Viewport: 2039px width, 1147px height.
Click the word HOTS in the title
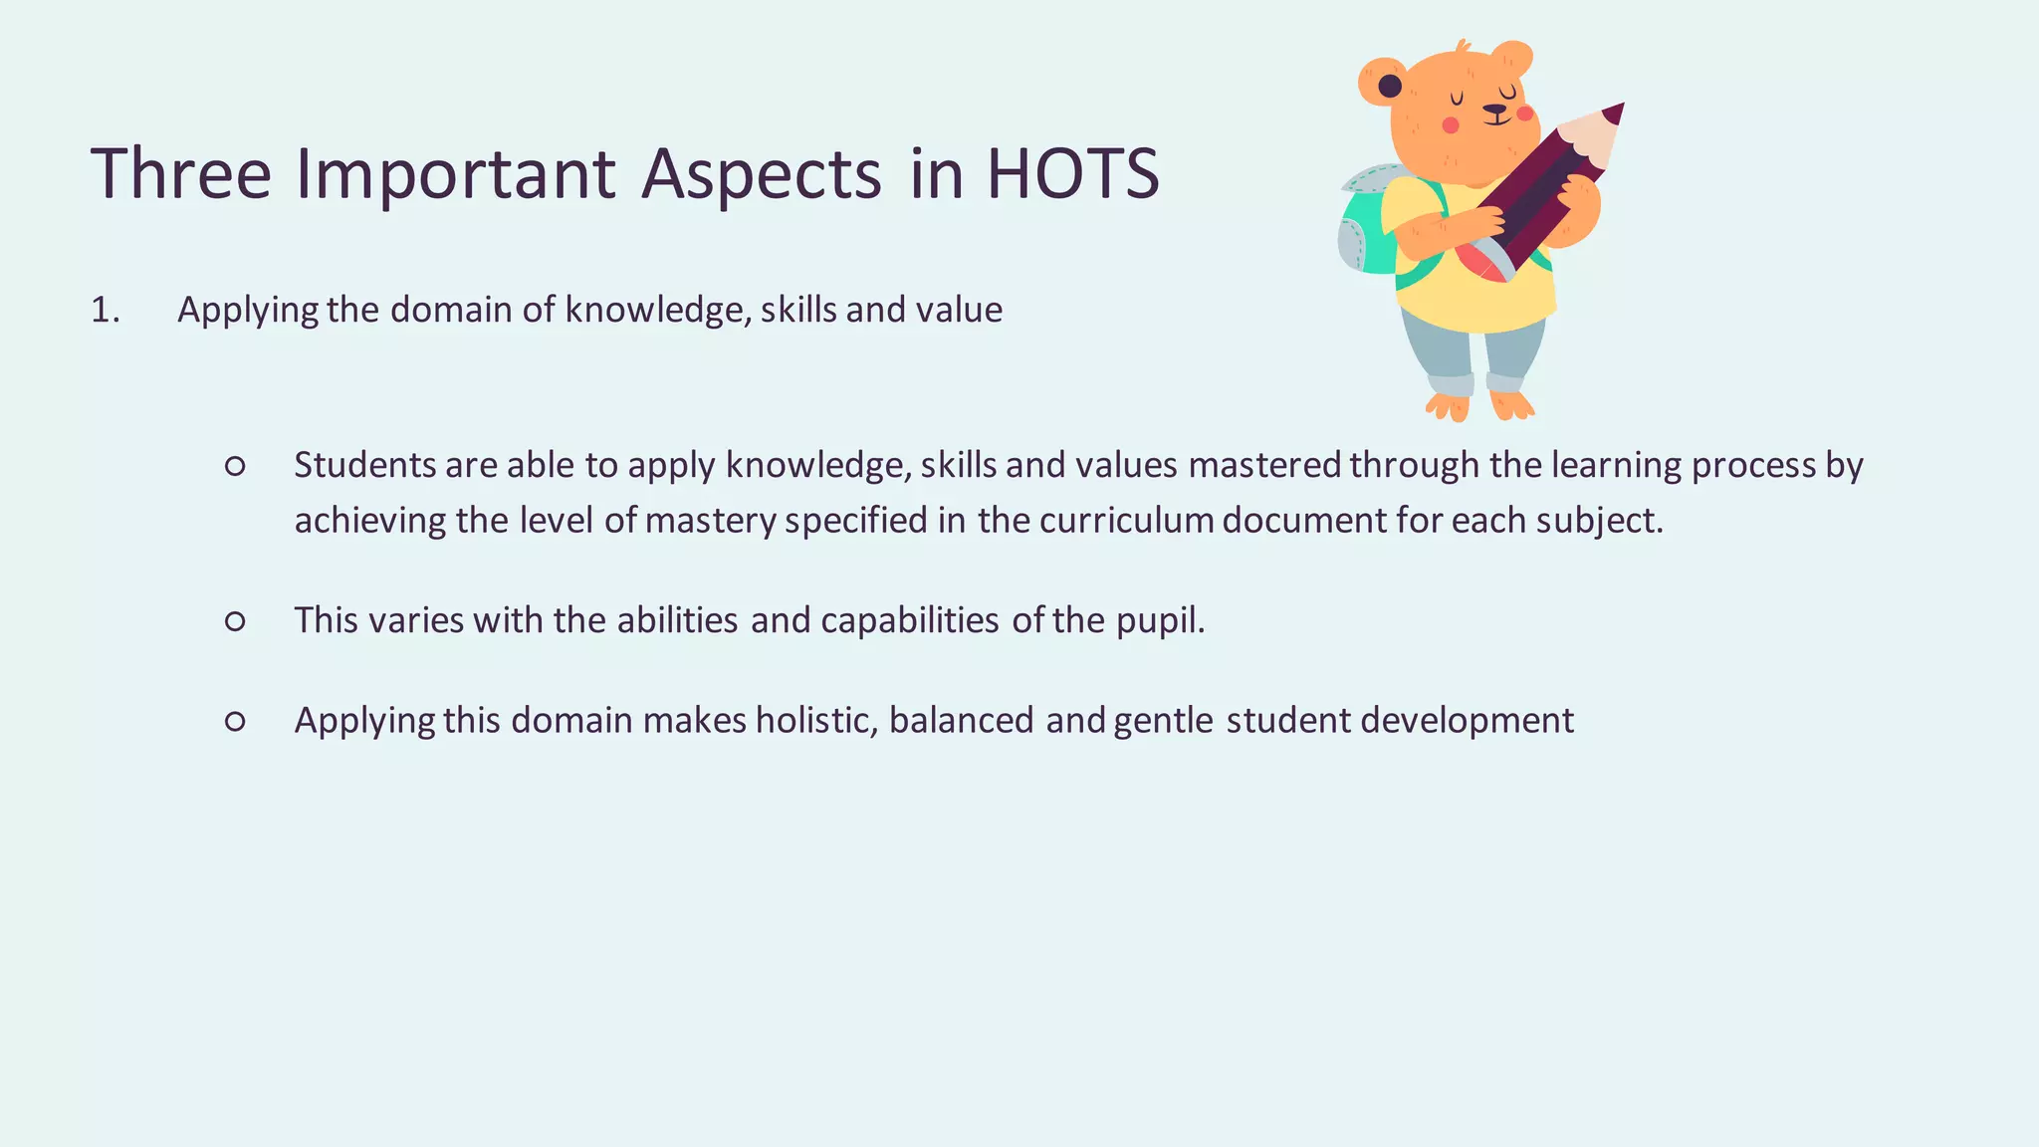[x=1072, y=174]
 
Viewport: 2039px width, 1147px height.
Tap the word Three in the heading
[x=180, y=174]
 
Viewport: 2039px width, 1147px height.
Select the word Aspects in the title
[x=761, y=174]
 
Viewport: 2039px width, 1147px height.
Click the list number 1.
[x=105, y=311]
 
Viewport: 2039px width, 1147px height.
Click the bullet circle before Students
[x=235, y=466]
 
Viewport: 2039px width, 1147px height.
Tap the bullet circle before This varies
[x=235, y=621]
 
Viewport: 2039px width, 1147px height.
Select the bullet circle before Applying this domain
[x=235, y=721]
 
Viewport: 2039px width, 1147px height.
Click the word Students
[x=364, y=466]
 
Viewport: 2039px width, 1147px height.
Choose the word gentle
[x=1163, y=721]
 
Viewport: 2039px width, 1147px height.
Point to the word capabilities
[x=909, y=621]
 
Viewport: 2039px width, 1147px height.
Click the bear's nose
[x=1494, y=111]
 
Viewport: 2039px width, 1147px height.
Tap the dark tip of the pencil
[x=1614, y=113]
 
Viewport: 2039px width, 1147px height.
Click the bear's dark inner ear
[x=1390, y=87]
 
